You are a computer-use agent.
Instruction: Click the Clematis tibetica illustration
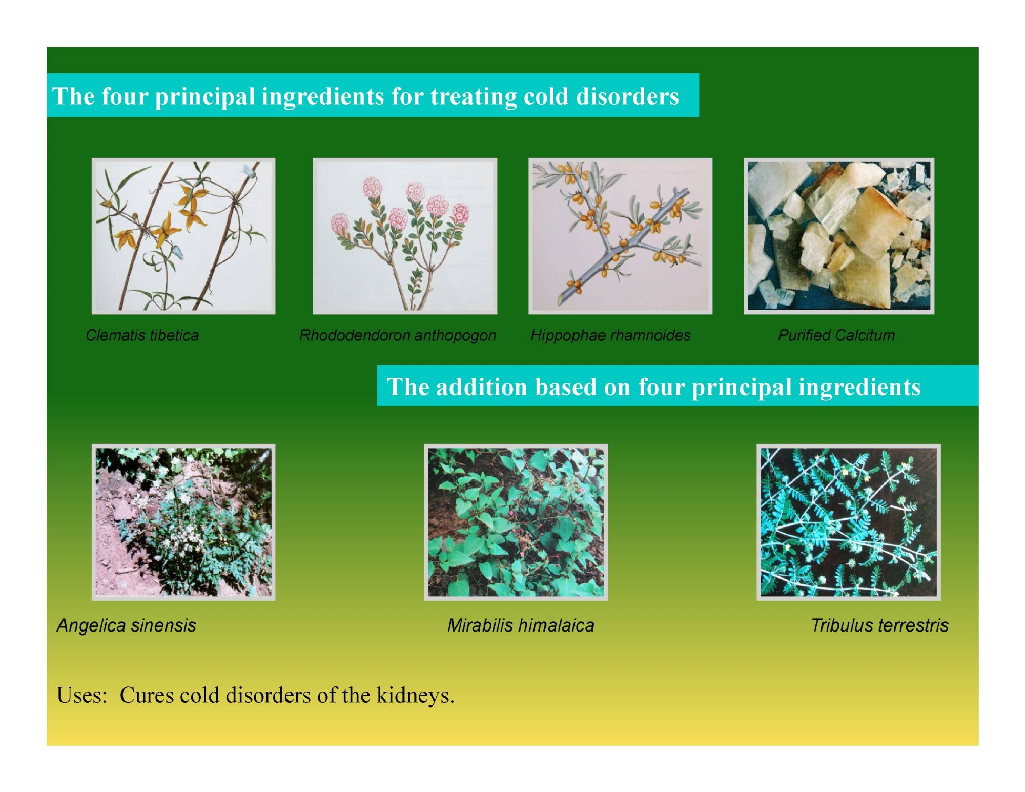pyautogui.click(x=183, y=236)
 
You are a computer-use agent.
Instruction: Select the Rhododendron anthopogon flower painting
pyautogui.click(x=405, y=236)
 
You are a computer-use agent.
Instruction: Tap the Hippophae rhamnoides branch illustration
pyautogui.click(x=620, y=236)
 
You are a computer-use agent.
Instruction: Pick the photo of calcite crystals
pyautogui.click(x=839, y=236)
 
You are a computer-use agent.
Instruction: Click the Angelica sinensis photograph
pyautogui.click(x=183, y=522)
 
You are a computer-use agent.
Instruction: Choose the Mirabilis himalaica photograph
pyautogui.click(x=516, y=522)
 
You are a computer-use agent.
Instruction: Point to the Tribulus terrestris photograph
pyautogui.click(x=849, y=522)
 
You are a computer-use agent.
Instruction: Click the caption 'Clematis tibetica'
pyautogui.click(x=142, y=335)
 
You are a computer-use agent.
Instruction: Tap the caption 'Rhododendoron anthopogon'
pyautogui.click(x=398, y=336)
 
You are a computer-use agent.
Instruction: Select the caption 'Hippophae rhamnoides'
pyautogui.click(x=610, y=336)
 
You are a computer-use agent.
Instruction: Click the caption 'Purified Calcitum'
pyautogui.click(x=836, y=335)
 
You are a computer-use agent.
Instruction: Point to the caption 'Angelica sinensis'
pyautogui.click(x=126, y=626)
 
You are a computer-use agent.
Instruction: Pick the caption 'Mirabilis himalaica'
pyautogui.click(x=521, y=625)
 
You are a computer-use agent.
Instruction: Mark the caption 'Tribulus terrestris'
pyautogui.click(x=879, y=625)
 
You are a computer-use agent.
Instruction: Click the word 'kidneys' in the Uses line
pyautogui.click(x=415, y=696)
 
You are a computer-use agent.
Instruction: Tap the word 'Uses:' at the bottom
pyautogui.click(x=82, y=696)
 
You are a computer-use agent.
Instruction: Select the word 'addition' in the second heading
pyautogui.click(x=481, y=387)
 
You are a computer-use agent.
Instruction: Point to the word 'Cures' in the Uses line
pyautogui.click(x=147, y=696)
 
